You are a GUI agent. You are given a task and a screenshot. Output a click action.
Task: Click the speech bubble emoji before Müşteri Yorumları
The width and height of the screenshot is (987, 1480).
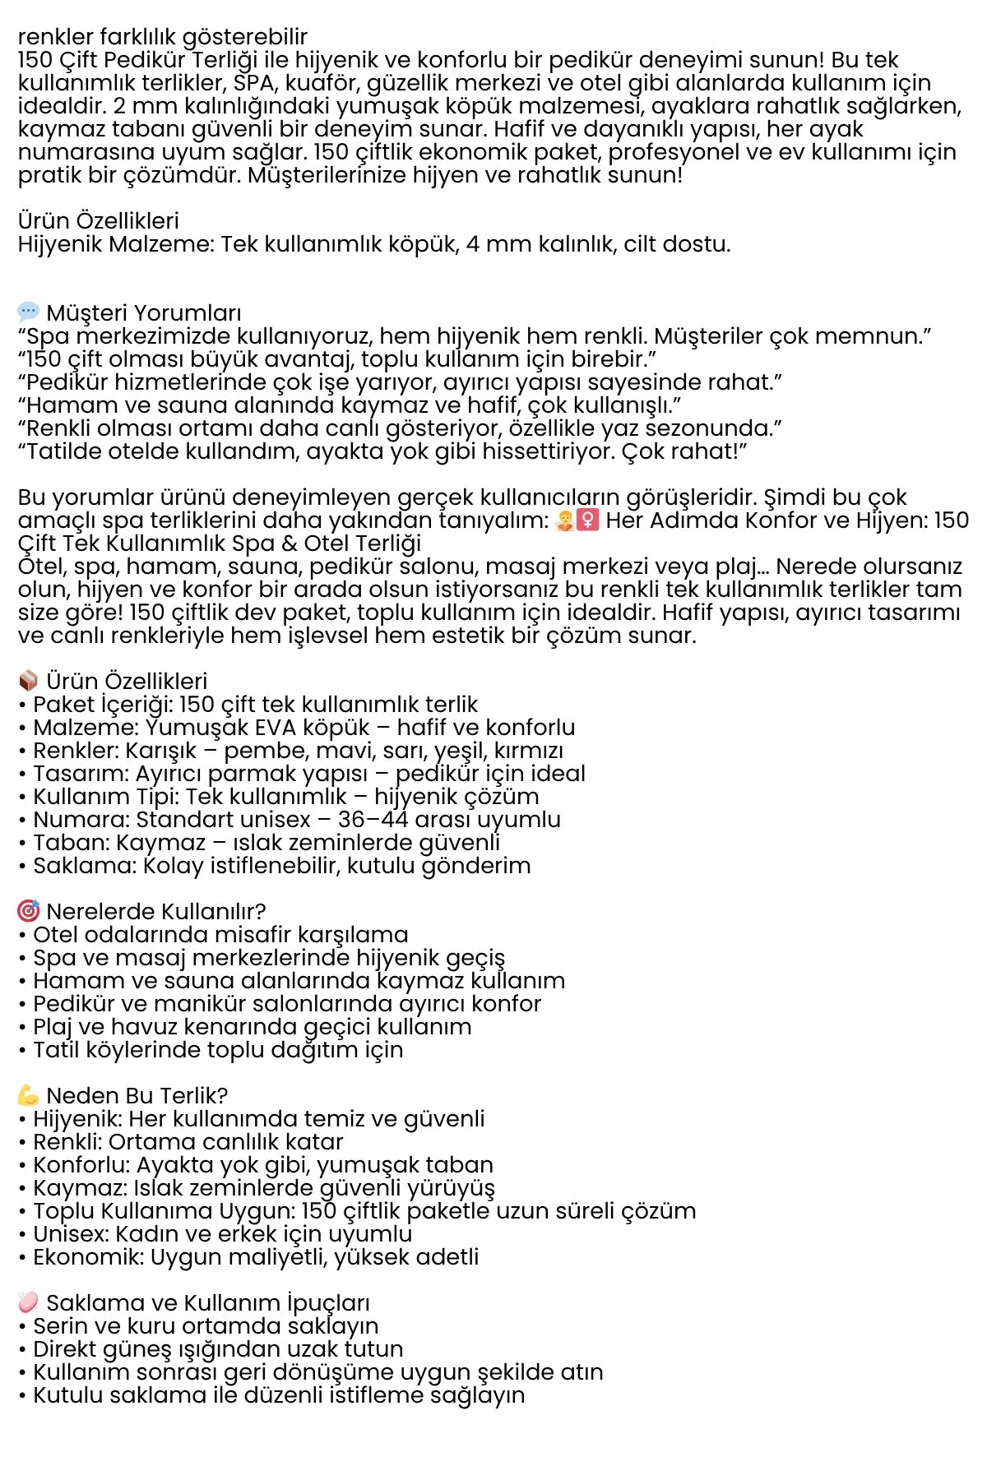(28, 312)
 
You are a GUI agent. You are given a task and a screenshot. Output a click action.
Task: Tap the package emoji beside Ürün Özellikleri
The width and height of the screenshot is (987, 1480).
(28, 681)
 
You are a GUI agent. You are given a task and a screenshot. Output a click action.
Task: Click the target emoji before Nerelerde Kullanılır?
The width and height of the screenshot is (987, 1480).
(28, 911)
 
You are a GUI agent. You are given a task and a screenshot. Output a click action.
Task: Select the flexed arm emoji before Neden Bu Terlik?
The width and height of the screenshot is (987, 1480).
(28, 1095)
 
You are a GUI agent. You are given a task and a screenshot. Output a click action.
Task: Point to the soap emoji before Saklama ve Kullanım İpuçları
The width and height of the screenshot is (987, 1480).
(28, 1302)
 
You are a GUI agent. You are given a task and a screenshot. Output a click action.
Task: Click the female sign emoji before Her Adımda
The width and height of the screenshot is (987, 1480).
(587, 520)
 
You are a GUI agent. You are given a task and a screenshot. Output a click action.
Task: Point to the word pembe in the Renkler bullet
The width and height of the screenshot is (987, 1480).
(262, 752)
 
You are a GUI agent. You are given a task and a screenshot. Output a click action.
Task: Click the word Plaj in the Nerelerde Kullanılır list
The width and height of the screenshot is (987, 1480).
(53, 1027)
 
